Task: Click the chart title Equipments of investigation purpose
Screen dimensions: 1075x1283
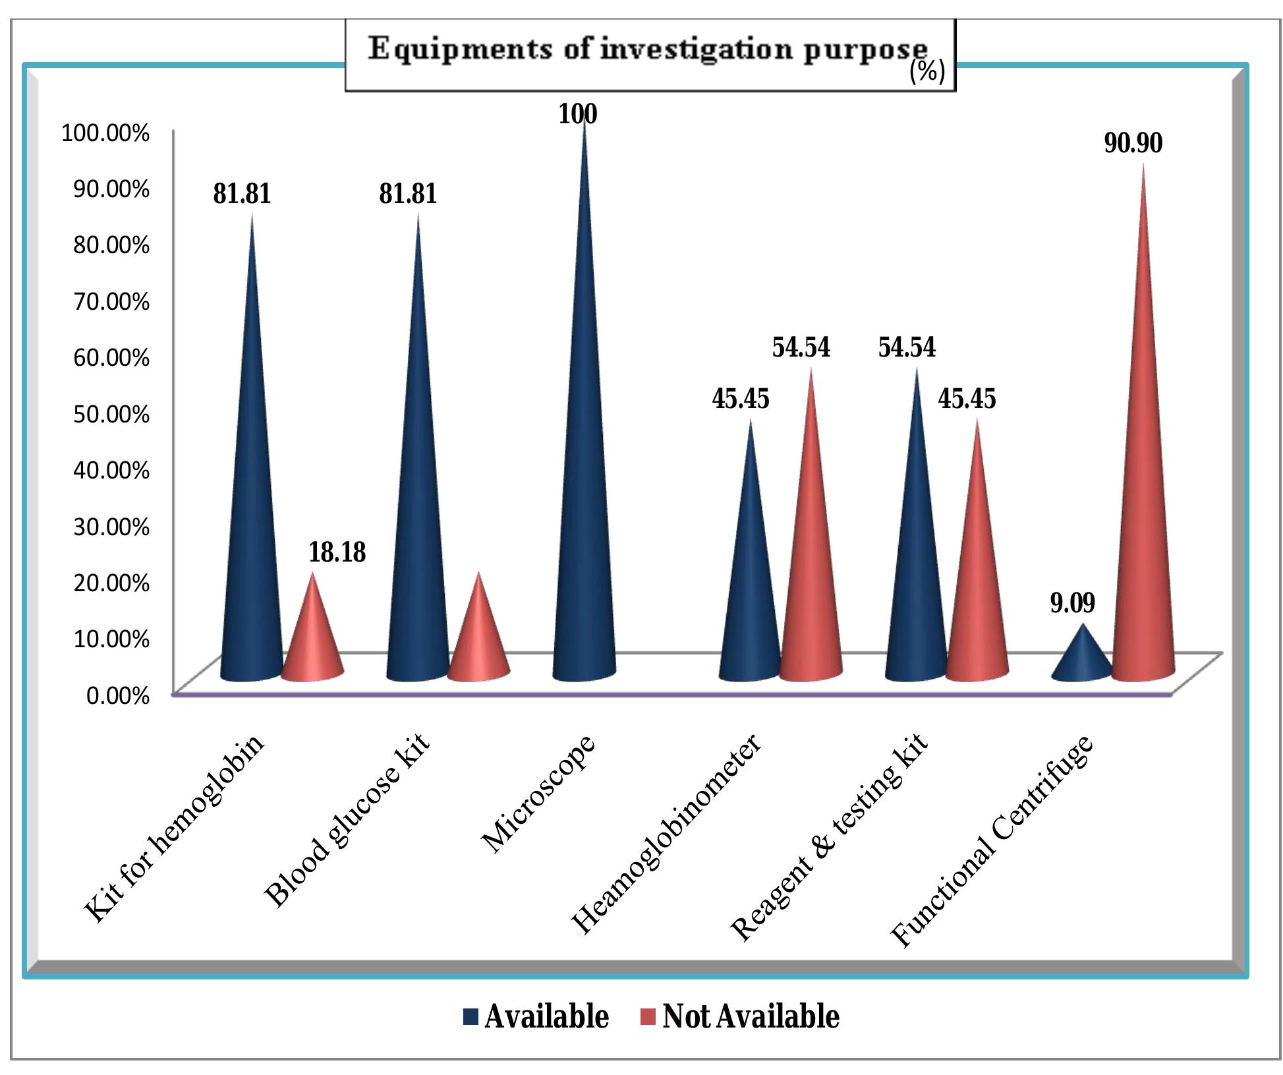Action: click(x=648, y=50)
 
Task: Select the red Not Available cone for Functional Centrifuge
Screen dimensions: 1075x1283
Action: click(x=1143, y=494)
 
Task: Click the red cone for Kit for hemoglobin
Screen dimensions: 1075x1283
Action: click(x=312, y=639)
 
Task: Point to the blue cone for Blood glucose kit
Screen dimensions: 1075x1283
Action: click(x=417, y=494)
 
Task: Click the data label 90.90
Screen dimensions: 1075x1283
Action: click(x=1133, y=144)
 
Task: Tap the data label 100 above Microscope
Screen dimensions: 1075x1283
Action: click(x=578, y=115)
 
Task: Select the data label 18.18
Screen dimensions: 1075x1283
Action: click(x=337, y=552)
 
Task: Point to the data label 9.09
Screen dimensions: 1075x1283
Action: click(x=1072, y=603)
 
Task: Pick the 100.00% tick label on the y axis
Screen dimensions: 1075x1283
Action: click(x=105, y=133)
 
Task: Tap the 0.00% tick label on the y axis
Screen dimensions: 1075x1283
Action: click(x=118, y=695)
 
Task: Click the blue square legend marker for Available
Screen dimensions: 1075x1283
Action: click(x=470, y=1016)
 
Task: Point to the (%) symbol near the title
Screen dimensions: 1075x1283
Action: click(x=927, y=72)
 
